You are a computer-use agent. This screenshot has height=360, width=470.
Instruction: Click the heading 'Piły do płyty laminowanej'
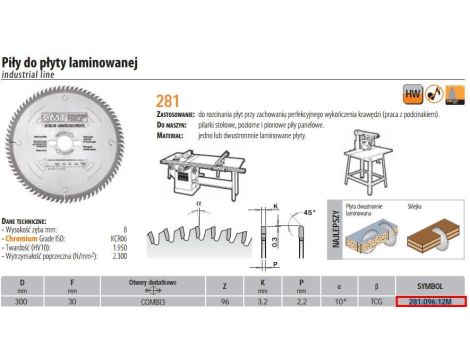coord(67,62)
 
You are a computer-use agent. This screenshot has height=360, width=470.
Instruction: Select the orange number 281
coord(169,100)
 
